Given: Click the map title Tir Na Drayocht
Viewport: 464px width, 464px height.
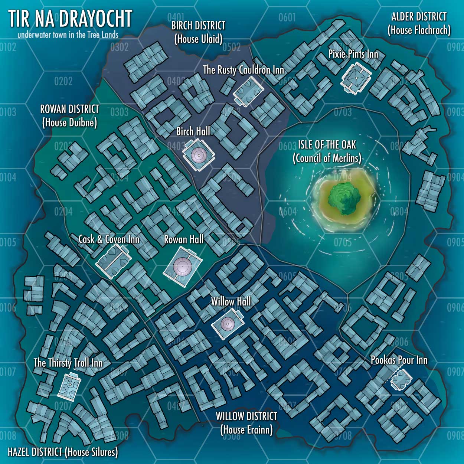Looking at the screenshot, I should pos(70,19).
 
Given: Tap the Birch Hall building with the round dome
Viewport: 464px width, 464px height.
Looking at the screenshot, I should pos(198,155).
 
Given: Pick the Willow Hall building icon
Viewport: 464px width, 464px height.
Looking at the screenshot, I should pos(227,324).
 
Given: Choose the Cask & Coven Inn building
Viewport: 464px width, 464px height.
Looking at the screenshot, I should pos(113,261).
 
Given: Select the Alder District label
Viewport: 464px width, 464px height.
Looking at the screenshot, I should pos(419,23).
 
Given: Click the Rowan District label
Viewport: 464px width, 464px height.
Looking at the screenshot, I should pos(69,115).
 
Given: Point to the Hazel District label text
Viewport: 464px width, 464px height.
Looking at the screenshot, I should pos(63,452).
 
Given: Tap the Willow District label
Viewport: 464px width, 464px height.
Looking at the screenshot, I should pos(246,423).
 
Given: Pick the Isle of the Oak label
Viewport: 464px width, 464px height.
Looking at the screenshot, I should pos(327,151).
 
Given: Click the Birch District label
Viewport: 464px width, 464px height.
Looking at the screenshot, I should pos(198,32).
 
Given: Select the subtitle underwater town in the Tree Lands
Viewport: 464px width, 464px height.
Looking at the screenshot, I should pos(68,35).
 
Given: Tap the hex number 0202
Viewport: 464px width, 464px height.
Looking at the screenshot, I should pos(63,81).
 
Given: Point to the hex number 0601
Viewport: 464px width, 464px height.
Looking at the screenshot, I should pos(287,17).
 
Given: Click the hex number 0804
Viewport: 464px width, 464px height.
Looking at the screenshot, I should pos(399,212).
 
